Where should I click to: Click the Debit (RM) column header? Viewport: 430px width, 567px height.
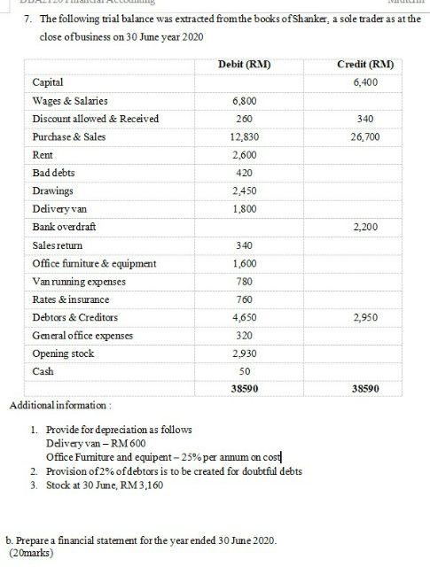point(244,65)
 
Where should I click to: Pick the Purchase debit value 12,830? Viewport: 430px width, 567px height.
point(244,137)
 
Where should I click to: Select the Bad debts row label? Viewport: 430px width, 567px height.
point(51,173)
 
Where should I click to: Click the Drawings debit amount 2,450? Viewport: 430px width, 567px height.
point(244,190)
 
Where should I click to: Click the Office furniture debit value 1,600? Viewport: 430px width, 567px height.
point(244,263)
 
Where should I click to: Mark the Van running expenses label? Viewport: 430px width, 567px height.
point(79,281)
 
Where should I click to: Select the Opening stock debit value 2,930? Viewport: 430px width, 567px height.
point(244,353)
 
